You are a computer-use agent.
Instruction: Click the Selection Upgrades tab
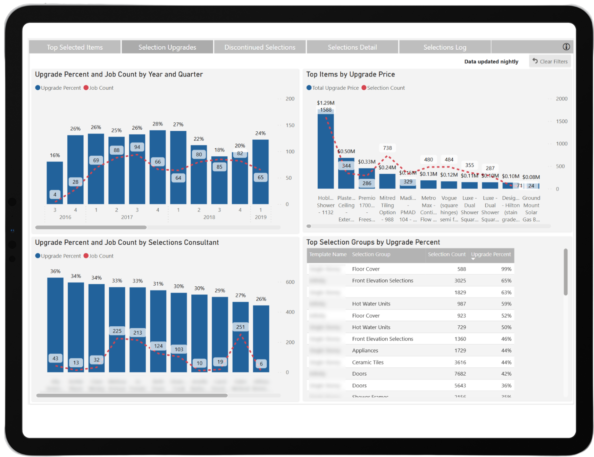click(167, 47)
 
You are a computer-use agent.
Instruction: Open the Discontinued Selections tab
click(260, 47)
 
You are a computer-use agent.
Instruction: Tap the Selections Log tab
click(444, 47)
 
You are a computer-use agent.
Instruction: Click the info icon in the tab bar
click(566, 47)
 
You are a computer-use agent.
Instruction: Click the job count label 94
click(137, 147)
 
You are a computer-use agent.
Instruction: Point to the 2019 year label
click(260, 217)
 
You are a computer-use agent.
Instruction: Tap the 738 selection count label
click(387, 148)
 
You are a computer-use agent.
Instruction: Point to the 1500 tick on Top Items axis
click(561, 121)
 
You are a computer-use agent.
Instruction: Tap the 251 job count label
click(240, 327)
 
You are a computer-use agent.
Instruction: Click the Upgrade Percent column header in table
click(491, 254)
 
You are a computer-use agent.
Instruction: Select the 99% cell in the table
click(506, 269)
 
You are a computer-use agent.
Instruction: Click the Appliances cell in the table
click(365, 351)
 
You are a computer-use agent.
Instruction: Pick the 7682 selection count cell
click(460, 374)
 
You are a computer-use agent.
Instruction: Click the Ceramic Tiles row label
click(368, 362)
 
